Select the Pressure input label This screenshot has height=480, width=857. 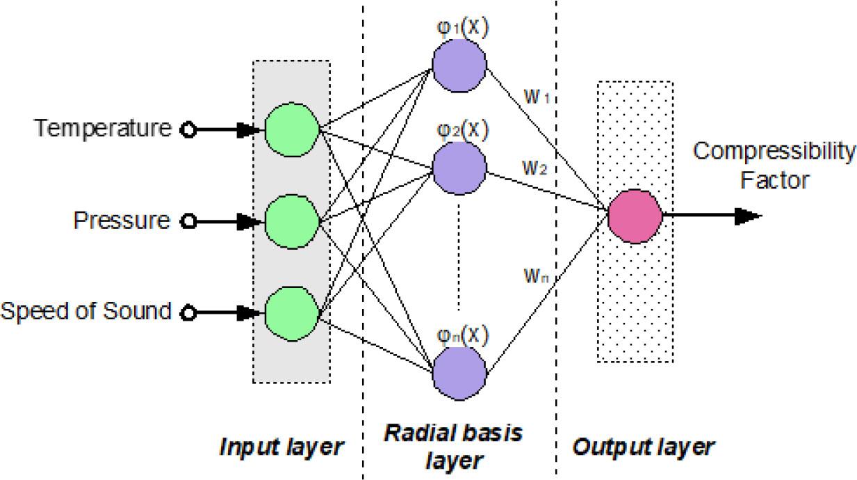coord(122,221)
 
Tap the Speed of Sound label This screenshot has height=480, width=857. coord(85,311)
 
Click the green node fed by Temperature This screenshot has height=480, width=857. coord(291,129)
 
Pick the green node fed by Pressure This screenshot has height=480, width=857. coord(291,221)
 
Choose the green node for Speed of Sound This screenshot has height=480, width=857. coord(291,313)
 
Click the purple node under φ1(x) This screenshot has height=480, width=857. coord(459,67)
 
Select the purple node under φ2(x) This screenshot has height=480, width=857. coord(459,169)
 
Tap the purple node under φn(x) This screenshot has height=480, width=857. coord(459,376)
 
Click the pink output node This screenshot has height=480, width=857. coord(635,216)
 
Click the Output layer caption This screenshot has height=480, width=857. coord(643,447)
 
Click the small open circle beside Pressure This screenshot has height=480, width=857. coord(186,222)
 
